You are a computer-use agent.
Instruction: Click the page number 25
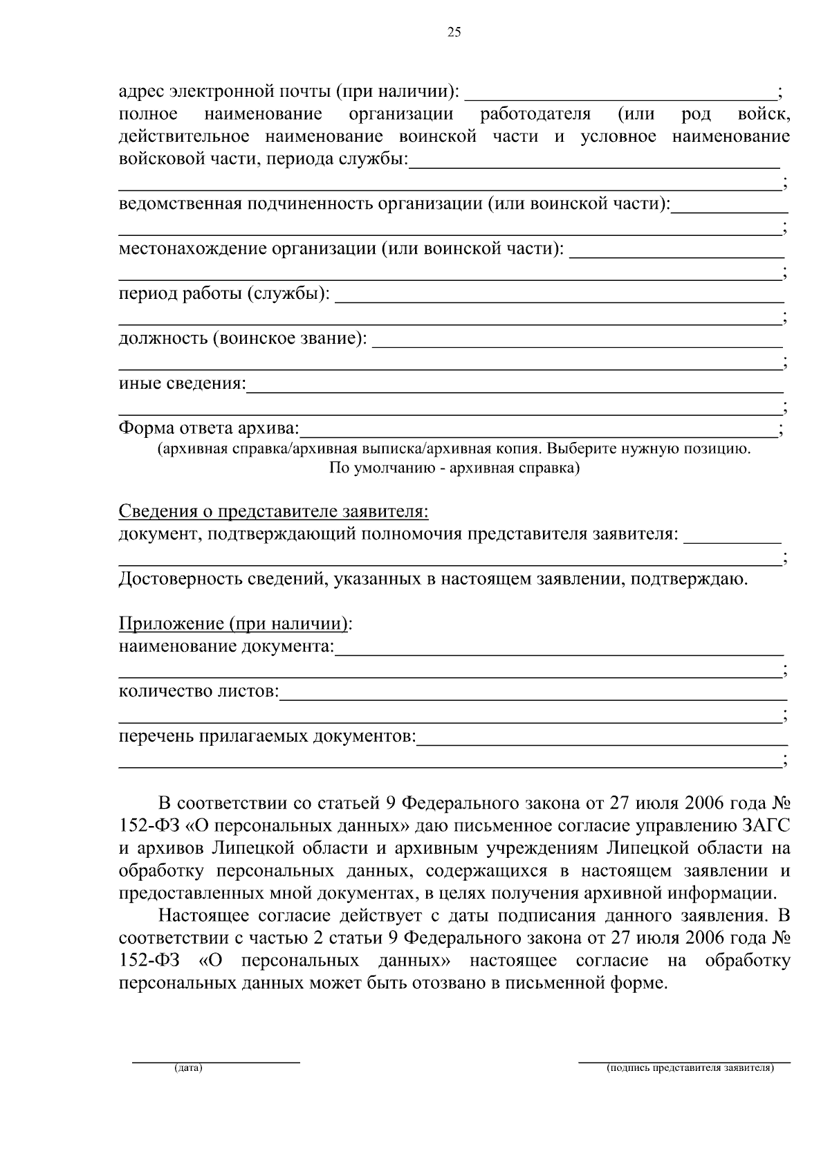454,32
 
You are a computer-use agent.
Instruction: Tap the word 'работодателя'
535,114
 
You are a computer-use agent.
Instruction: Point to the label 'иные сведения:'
183,383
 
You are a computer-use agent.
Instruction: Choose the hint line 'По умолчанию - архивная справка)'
454,468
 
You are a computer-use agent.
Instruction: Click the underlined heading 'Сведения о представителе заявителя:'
274,512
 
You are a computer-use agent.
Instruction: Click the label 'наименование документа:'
226,647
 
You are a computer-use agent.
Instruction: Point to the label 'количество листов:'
199,691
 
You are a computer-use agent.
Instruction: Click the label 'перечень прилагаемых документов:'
268,737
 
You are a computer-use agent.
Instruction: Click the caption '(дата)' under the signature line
189,1068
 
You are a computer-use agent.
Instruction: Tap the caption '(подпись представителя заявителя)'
690,1068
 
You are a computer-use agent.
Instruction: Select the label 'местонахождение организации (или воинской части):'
342,249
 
